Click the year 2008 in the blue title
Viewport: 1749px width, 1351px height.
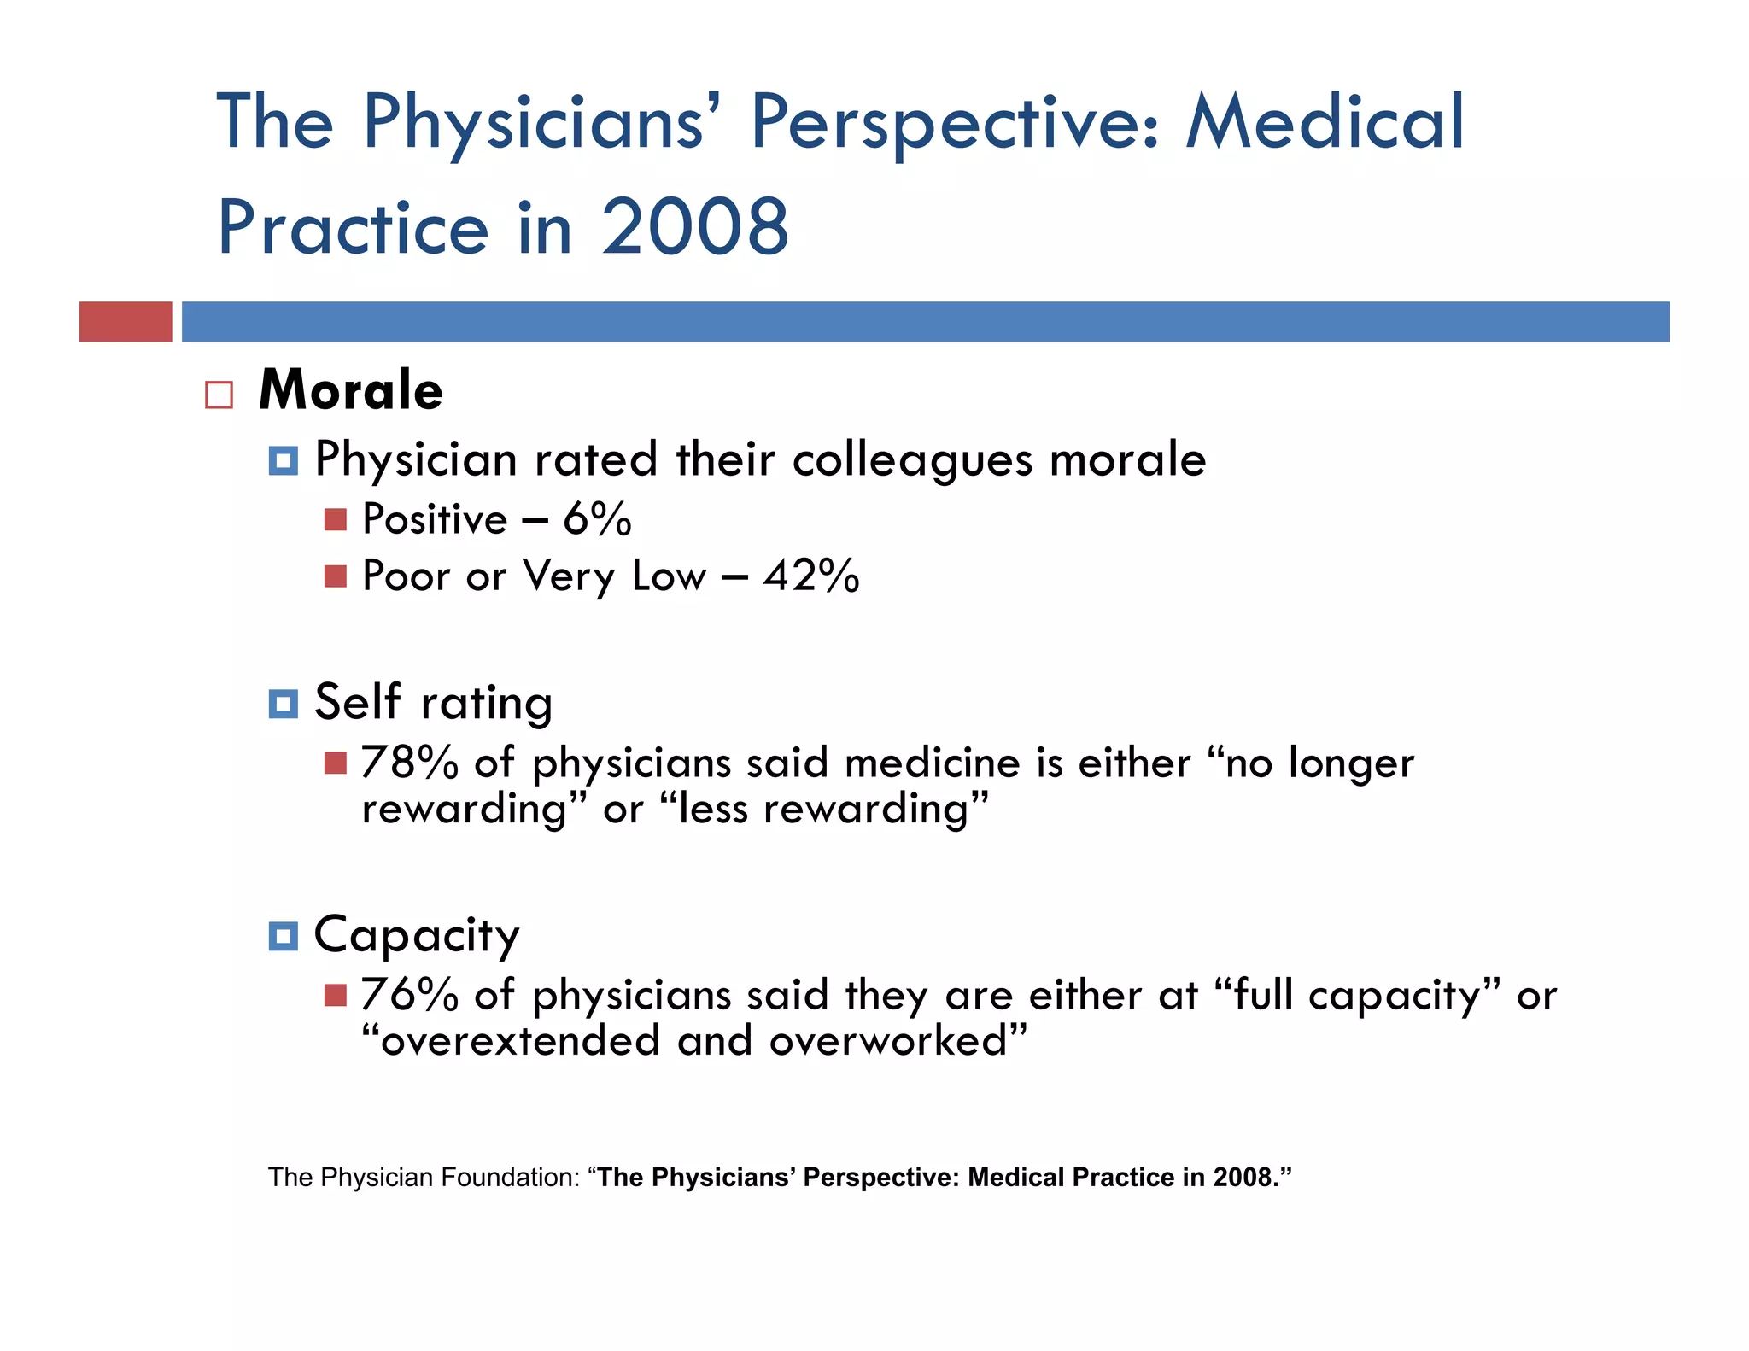coord(695,227)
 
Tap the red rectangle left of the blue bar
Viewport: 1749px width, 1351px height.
coord(126,322)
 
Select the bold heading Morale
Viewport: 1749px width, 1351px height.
coord(351,390)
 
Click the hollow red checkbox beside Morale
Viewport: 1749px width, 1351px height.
coord(219,395)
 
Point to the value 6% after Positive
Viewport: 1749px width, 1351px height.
coord(597,519)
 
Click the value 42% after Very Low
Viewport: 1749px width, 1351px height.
coord(811,576)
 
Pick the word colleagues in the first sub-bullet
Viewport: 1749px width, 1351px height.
coord(912,461)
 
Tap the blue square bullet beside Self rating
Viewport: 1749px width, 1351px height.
coord(283,704)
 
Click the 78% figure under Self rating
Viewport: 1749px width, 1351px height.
coord(410,763)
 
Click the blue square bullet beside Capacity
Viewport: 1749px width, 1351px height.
coord(283,936)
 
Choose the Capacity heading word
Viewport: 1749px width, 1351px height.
coord(417,936)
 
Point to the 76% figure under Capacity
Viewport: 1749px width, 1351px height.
coord(410,995)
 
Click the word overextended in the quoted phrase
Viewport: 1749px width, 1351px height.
coord(520,1041)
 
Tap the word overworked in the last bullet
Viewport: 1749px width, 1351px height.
coord(888,1041)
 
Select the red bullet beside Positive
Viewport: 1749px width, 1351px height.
coord(336,519)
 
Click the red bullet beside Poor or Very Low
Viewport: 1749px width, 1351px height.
coord(336,576)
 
